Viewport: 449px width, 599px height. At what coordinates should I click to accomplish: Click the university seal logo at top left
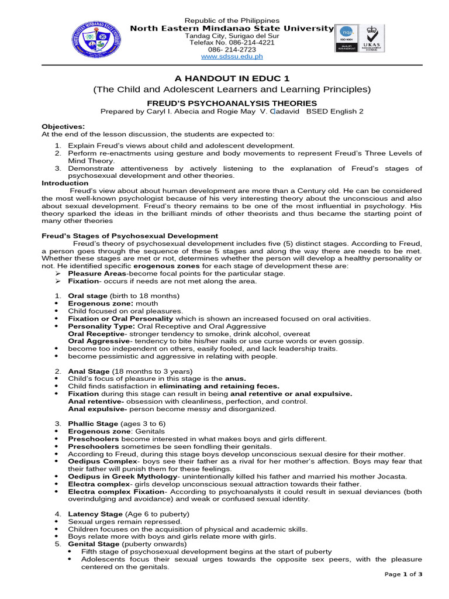pyautogui.click(x=98, y=42)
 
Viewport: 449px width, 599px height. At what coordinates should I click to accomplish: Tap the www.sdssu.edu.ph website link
pyautogui.click(x=232, y=57)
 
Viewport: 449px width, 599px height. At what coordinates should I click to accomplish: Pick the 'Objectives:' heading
pyautogui.click(x=63, y=126)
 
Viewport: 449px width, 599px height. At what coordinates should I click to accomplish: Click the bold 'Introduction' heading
pyautogui.click(x=64, y=183)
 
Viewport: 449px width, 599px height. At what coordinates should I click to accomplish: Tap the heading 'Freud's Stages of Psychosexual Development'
pyautogui.click(x=130, y=236)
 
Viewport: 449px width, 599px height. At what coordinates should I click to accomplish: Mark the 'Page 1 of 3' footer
pyautogui.click(x=403, y=574)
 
